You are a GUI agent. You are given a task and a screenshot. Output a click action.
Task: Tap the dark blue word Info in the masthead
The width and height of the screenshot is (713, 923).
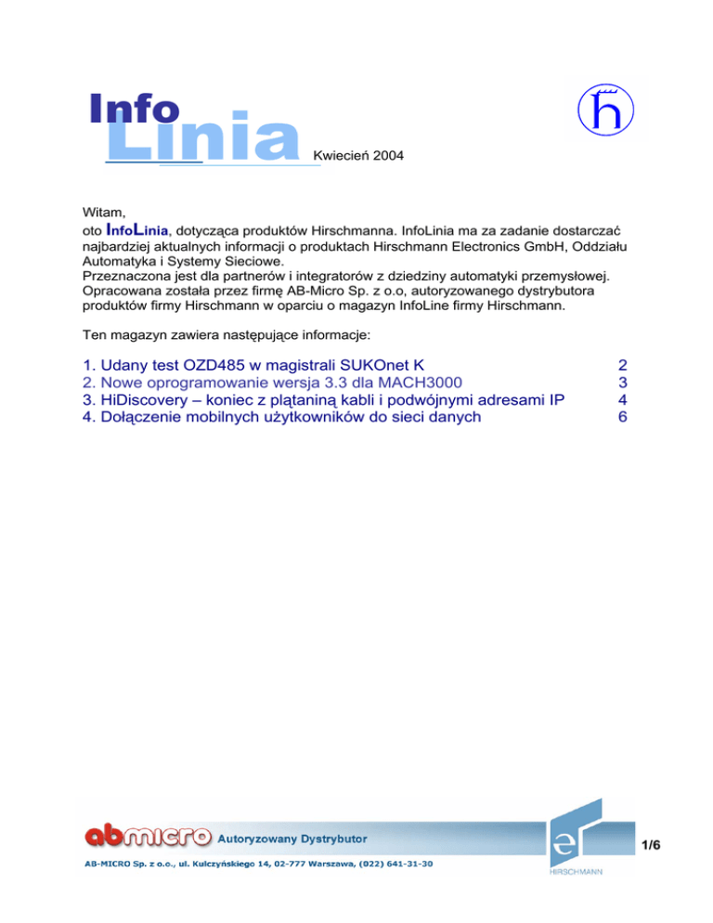pos(135,109)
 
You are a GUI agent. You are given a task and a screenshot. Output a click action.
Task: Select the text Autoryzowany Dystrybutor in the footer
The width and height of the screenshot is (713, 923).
pos(291,838)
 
